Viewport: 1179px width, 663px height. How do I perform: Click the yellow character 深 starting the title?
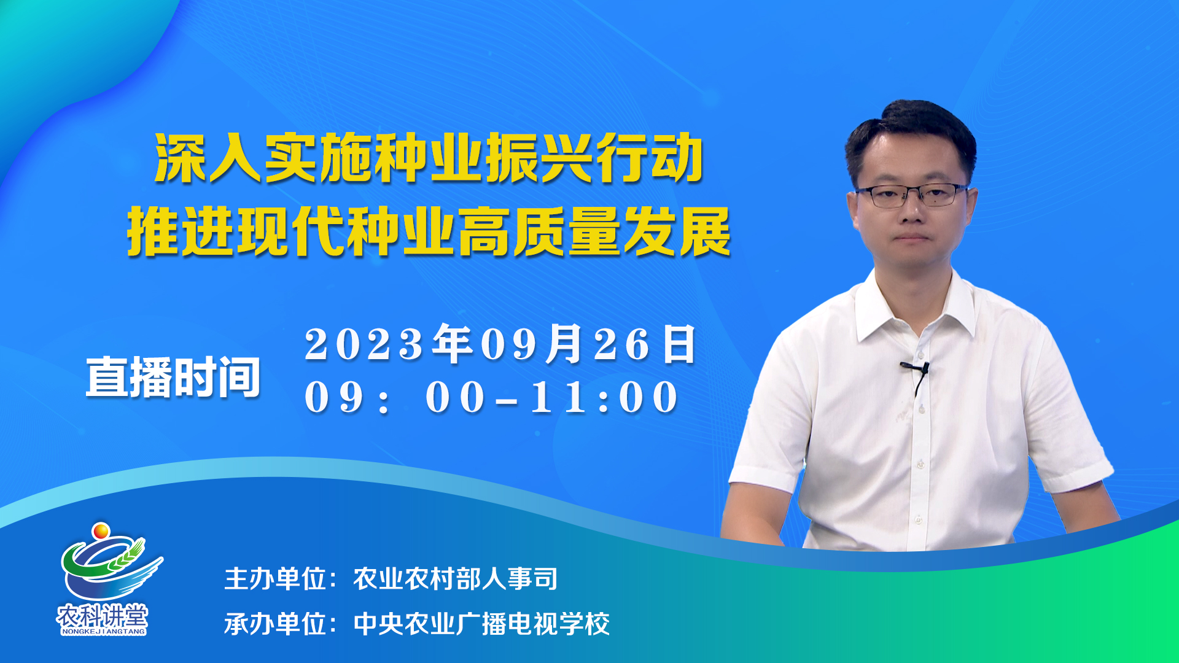pyautogui.click(x=181, y=158)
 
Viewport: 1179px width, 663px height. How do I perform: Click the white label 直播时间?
pyautogui.click(x=173, y=377)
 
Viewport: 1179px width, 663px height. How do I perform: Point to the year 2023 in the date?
pyautogui.click(x=364, y=344)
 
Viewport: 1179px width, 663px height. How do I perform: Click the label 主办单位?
pyautogui.click(x=275, y=579)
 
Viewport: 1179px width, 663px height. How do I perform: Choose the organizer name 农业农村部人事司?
pyautogui.click(x=456, y=579)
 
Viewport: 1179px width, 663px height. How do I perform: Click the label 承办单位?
pyautogui.click(x=275, y=624)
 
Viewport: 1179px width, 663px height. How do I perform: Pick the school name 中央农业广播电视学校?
pyautogui.click(x=481, y=624)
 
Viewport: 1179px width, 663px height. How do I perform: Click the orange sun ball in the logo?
pyautogui.click(x=101, y=530)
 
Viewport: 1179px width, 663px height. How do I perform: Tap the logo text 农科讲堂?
pyautogui.click(x=103, y=615)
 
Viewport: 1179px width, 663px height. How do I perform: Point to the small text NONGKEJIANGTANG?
pyautogui.click(x=103, y=631)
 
